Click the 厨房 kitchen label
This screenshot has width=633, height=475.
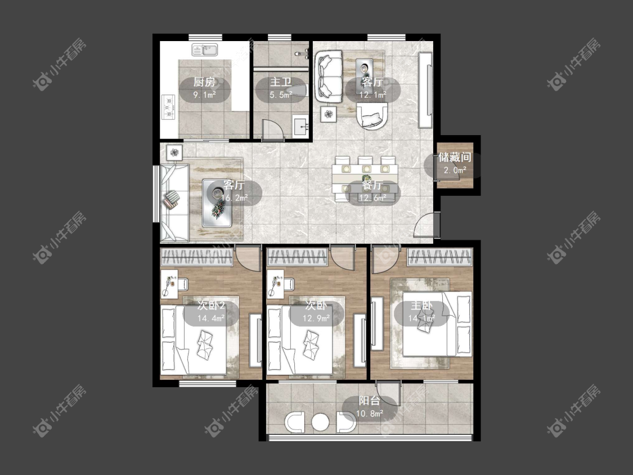[204, 82]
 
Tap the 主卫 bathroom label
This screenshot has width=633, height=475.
[281, 82]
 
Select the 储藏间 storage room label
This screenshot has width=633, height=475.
[455, 157]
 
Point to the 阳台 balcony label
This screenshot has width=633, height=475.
[369, 401]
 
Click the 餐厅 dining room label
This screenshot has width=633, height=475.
[372, 185]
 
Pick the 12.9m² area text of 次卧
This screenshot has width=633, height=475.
[316, 319]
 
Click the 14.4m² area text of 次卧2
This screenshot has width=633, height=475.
[211, 319]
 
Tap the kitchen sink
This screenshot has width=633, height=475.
[205, 50]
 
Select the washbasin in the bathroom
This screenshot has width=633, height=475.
[300, 126]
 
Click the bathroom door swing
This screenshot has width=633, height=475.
[273, 131]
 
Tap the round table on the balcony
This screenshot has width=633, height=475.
[321, 422]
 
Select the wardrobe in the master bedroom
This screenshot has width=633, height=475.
[439, 257]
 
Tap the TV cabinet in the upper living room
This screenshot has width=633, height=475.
[425, 90]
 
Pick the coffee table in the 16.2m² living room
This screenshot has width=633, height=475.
[217, 203]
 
